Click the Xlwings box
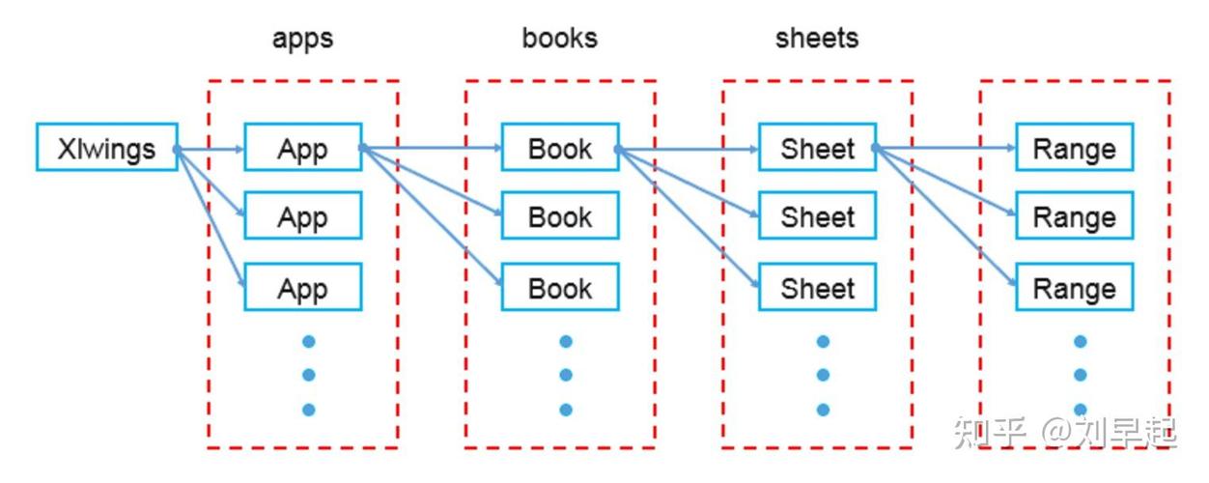[x=106, y=147]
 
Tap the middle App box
[x=302, y=215]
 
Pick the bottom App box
[x=302, y=287]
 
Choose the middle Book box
[x=560, y=215]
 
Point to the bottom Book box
[x=560, y=287]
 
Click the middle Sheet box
[x=817, y=215]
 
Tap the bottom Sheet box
[x=817, y=287]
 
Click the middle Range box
[x=1074, y=215]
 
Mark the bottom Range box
[x=1074, y=287]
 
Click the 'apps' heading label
[x=302, y=39]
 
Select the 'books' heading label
[x=560, y=38]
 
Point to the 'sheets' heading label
[x=817, y=38]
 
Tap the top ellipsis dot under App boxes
[x=309, y=341]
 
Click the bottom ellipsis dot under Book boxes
[x=566, y=409]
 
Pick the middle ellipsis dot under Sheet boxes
[x=823, y=375]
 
